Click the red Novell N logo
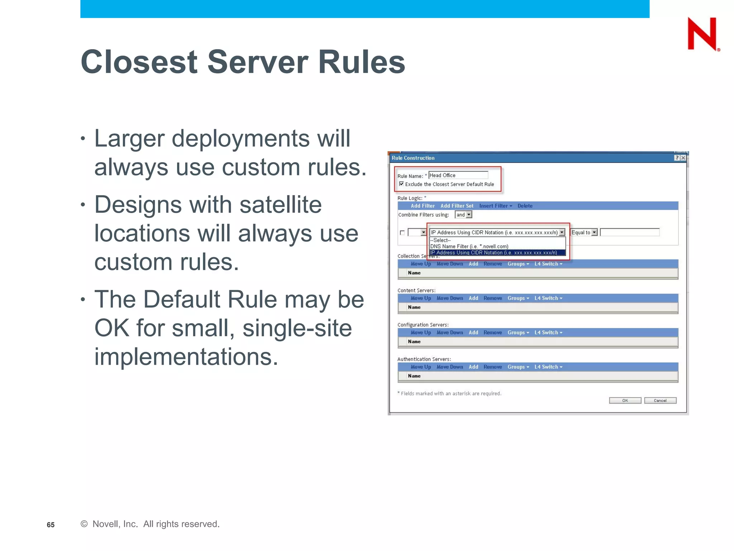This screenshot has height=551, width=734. tap(702, 34)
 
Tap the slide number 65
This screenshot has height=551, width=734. tap(51, 525)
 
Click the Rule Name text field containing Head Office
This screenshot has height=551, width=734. tap(458, 175)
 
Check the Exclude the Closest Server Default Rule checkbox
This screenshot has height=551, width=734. tap(401, 184)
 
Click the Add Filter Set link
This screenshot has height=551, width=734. tap(457, 206)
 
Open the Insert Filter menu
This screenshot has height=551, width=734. tap(495, 206)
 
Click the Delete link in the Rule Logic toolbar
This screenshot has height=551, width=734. tap(525, 206)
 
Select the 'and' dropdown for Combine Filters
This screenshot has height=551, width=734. tap(463, 215)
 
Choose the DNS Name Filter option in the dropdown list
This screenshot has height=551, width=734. tap(469, 246)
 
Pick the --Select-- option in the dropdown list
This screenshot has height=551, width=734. tap(440, 240)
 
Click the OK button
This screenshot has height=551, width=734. tap(625, 401)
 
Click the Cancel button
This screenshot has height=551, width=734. tap(660, 401)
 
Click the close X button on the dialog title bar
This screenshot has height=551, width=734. tap(683, 158)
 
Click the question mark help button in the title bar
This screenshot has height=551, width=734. tap(677, 158)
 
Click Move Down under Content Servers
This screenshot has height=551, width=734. tap(449, 298)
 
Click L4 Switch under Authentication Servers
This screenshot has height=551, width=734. tap(548, 367)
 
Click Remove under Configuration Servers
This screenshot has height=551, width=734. tap(492, 333)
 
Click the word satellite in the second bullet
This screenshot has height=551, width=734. tap(280, 204)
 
